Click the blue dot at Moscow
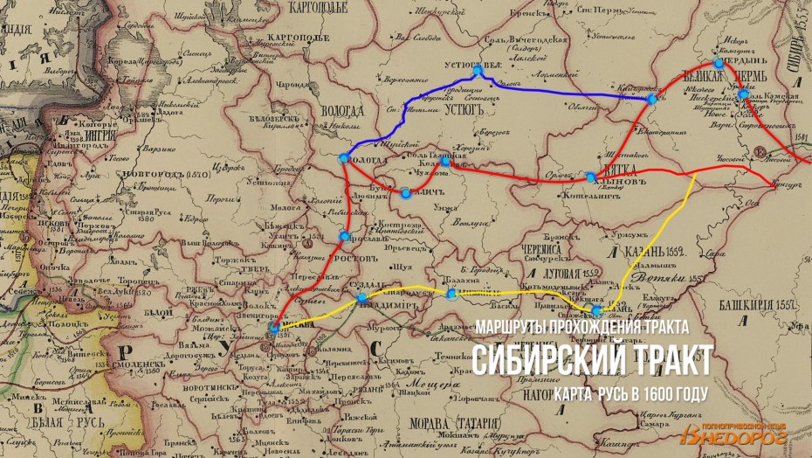point(274,327)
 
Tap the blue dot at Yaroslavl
point(345,237)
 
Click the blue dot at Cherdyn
point(718,63)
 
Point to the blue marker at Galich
point(405,192)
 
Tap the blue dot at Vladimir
point(362,300)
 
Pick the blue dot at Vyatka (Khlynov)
point(591,177)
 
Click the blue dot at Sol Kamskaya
point(742,94)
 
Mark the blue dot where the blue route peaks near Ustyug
point(478,71)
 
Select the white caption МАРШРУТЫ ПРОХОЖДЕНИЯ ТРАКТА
point(583,327)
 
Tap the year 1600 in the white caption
point(656,392)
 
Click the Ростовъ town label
point(356,260)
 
